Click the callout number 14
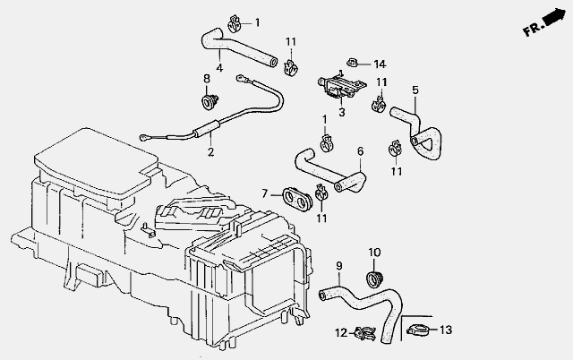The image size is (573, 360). (x=380, y=64)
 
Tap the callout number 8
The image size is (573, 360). (x=207, y=78)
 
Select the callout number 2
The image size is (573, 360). (x=210, y=151)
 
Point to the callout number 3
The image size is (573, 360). (x=342, y=112)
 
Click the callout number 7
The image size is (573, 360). (x=265, y=193)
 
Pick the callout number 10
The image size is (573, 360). (x=374, y=253)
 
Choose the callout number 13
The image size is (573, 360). (x=446, y=330)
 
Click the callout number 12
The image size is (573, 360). (x=341, y=333)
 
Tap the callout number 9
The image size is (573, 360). (x=339, y=266)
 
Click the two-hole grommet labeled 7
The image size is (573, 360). (x=297, y=196)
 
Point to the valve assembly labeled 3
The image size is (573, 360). (x=340, y=86)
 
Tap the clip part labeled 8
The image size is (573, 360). (x=210, y=101)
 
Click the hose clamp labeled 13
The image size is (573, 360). (x=418, y=330)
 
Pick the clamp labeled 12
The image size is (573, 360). (x=365, y=332)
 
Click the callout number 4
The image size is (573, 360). (x=219, y=68)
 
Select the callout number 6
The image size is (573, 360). (x=360, y=151)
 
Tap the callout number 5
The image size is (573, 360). (x=415, y=90)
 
